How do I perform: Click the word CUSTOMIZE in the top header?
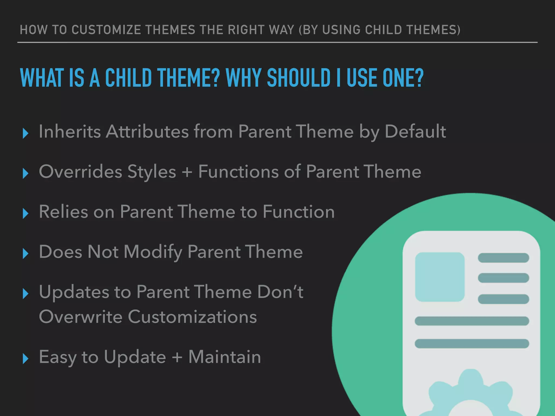pos(106,30)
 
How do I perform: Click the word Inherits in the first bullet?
pos(70,132)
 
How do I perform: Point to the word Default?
pos(415,132)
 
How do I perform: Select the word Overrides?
pos(80,172)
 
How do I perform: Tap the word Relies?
pos(63,212)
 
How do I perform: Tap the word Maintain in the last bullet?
pos(224,357)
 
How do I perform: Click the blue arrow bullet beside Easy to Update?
pos(26,359)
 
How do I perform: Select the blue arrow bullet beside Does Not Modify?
pos(26,253)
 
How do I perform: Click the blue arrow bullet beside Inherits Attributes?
pos(26,133)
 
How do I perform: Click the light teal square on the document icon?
pos(440,277)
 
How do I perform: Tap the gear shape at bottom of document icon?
pos(470,395)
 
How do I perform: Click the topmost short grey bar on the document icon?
pos(503,258)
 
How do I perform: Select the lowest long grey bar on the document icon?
pos(472,343)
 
